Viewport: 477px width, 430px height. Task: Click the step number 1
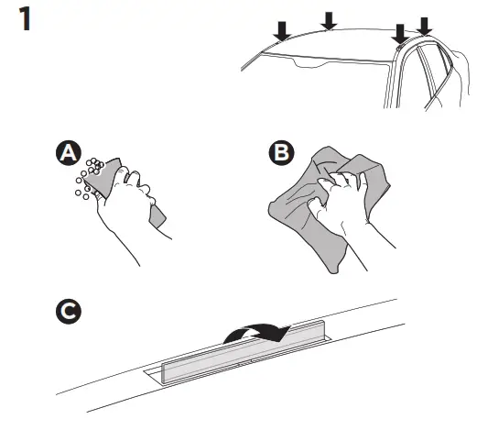point(27,20)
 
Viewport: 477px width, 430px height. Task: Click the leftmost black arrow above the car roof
point(283,31)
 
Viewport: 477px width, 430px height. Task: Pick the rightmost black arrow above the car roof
point(424,25)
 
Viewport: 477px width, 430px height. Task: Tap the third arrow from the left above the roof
point(398,34)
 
